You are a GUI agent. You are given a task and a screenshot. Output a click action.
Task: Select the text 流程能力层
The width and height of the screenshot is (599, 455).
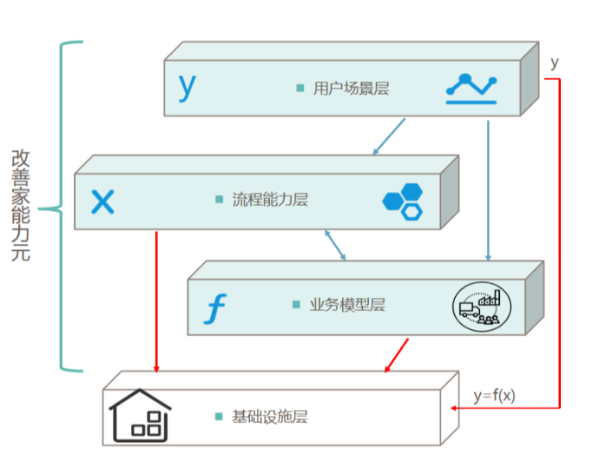(270, 200)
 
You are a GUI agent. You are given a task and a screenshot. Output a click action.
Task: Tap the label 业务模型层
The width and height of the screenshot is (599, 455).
(347, 305)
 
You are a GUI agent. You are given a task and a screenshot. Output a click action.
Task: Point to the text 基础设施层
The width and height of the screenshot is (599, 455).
(270, 417)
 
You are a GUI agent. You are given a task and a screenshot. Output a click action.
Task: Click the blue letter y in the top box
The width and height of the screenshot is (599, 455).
(188, 86)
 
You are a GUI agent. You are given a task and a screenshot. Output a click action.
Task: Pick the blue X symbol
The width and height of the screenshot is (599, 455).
(103, 202)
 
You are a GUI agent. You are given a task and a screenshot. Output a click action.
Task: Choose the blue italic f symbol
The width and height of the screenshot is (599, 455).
(216, 307)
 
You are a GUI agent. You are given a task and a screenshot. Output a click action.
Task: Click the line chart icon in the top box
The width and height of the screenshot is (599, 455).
(471, 88)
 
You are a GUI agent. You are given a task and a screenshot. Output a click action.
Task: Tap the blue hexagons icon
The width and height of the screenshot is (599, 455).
(404, 201)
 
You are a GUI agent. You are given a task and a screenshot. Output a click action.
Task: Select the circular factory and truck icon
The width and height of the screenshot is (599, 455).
(481, 306)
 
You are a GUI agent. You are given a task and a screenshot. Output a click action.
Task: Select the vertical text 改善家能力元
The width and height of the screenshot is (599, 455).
(21, 207)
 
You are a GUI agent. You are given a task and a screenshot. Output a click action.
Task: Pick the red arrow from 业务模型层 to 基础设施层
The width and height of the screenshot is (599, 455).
(396, 353)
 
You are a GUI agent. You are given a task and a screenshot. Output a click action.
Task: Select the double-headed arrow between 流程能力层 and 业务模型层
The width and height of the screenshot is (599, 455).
(335, 245)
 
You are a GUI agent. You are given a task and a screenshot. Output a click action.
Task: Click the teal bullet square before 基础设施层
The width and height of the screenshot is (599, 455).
(219, 417)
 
